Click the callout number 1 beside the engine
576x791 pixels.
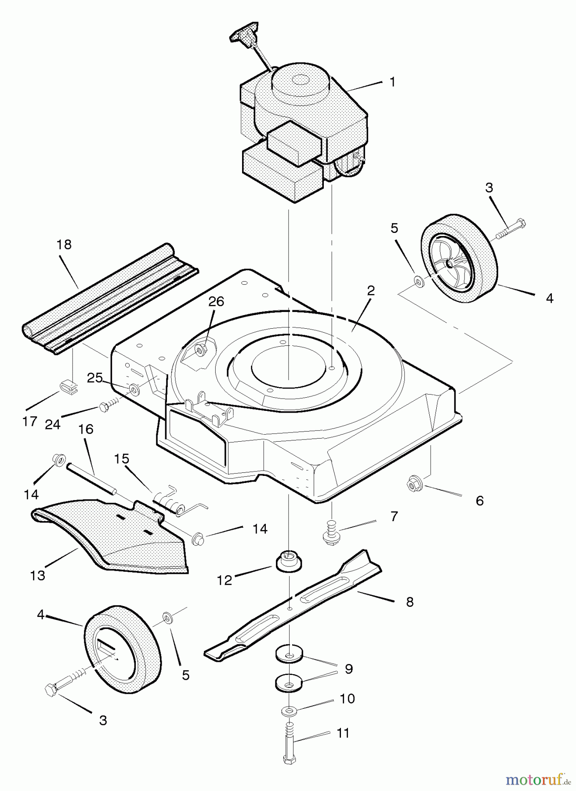coord(392,82)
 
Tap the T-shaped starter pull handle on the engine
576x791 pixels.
coord(243,36)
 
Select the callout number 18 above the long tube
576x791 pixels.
coord(64,245)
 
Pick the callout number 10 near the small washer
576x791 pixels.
coord(348,698)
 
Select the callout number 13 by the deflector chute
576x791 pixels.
coord(38,575)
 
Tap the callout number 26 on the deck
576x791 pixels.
coord(216,301)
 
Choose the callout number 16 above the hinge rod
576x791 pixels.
coord(86,429)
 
